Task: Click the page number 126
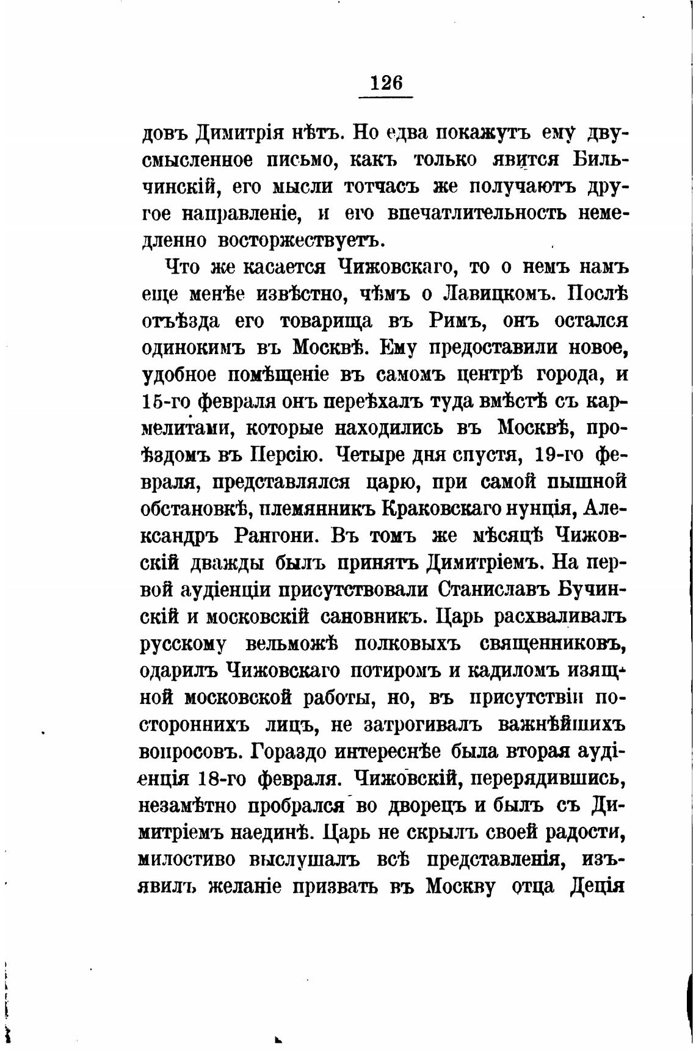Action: click(386, 82)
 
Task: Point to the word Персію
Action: click(283, 455)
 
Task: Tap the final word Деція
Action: click(596, 885)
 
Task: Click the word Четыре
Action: click(371, 455)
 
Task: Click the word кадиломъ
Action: click(512, 670)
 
